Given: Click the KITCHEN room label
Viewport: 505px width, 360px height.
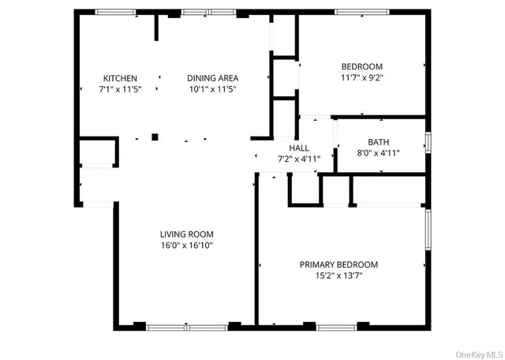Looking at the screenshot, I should click(x=120, y=78).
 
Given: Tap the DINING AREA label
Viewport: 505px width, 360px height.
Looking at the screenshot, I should click(x=212, y=78).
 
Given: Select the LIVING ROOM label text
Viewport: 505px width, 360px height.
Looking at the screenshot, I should click(x=186, y=234).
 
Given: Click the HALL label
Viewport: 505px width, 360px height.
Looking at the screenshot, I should click(x=299, y=148).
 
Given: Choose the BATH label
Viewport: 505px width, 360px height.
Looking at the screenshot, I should click(x=378, y=142).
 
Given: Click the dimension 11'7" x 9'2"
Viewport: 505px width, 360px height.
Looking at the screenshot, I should click(x=361, y=77).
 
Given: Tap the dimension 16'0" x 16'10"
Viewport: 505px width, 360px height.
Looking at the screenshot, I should click(x=186, y=246).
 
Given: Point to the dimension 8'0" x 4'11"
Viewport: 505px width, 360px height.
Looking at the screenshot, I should click(x=378, y=153).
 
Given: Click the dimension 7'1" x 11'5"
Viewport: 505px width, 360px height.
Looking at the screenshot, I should click(x=120, y=89).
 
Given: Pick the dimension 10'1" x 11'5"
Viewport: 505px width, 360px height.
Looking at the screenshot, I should click(x=212, y=89).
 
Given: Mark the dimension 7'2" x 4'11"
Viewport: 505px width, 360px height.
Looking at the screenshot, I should click(x=299, y=159).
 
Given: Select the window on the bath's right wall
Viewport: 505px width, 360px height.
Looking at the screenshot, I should click(x=428, y=142).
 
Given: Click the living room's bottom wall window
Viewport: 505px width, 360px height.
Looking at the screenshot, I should click(x=188, y=325).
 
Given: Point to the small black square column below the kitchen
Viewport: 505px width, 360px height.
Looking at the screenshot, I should click(x=155, y=137).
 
